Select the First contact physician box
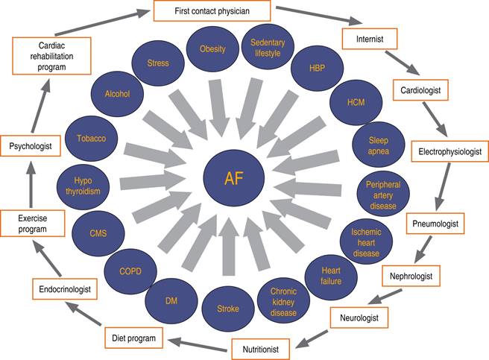212,10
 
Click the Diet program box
134,338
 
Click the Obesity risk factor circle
212,49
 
